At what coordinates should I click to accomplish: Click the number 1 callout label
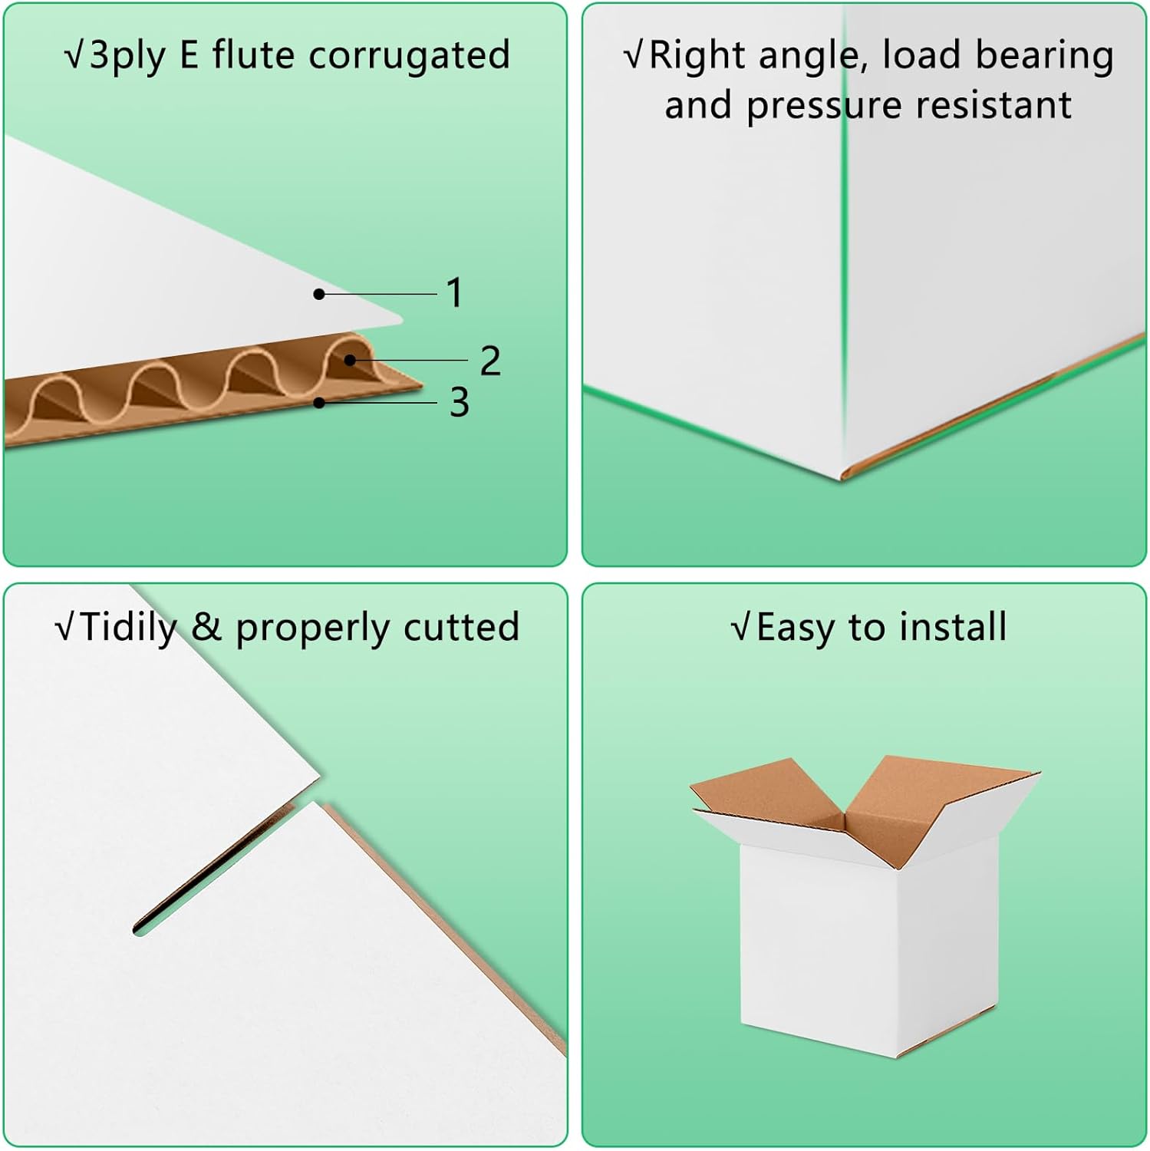(x=455, y=293)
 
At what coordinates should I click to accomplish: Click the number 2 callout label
(x=490, y=361)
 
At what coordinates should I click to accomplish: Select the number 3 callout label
(x=459, y=403)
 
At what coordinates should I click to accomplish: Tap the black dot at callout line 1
(x=319, y=294)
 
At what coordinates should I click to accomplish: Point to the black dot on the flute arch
(x=350, y=359)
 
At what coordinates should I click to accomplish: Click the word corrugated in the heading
(x=410, y=55)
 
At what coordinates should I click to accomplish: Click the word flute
(x=252, y=55)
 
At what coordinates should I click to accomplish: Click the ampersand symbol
(x=206, y=627)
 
